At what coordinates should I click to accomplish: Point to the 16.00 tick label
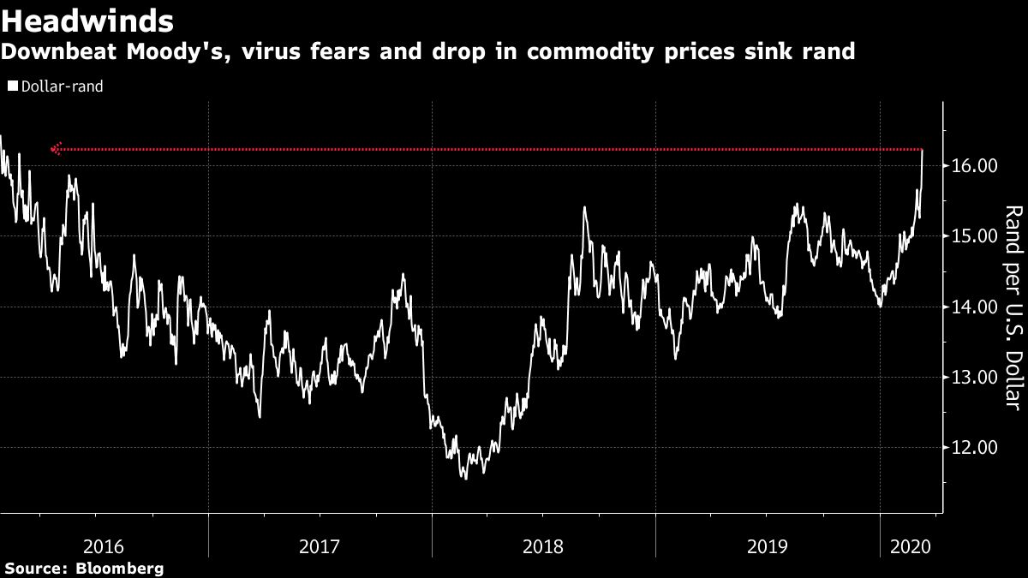(972, 165)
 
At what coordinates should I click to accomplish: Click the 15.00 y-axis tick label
(972, 236)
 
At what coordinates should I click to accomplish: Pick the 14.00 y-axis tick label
(972, 307)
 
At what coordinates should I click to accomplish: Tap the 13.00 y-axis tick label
(972, 378)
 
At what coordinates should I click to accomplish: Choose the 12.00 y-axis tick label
(972, 448)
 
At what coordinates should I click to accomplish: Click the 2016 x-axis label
(104, 545)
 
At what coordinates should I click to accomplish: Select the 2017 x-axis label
(320, 545)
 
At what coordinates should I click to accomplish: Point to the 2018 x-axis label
(543, 545)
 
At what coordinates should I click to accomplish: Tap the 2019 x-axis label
(767, 545)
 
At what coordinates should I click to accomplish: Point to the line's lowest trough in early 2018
(465, 477)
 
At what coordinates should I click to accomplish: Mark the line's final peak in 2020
(922, 151)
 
